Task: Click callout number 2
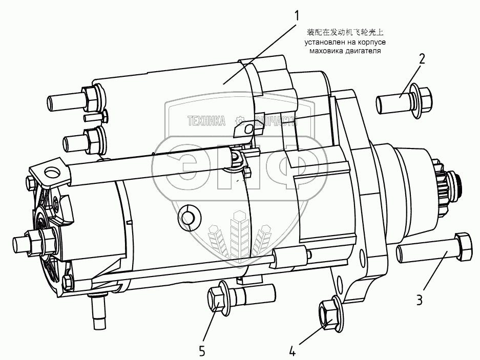pyautogui.click(x=421, y=58)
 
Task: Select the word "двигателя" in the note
pyautogui.click(x=364, y=51)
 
